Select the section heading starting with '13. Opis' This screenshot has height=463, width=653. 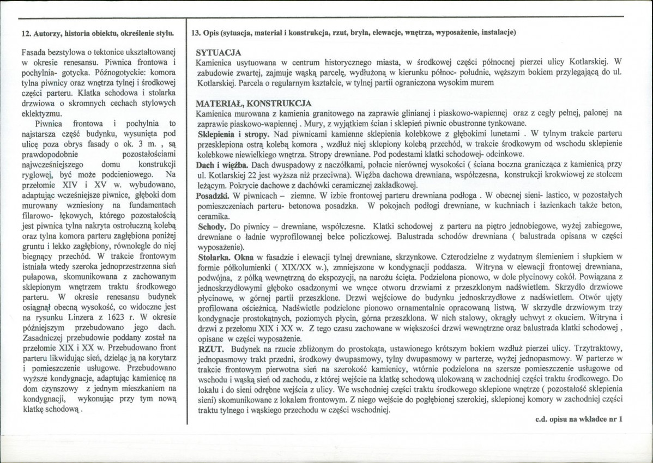tap(354, 33)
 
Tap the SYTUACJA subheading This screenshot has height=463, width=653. tap(218, 53)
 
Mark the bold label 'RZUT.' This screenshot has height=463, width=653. tap(209, 348)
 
